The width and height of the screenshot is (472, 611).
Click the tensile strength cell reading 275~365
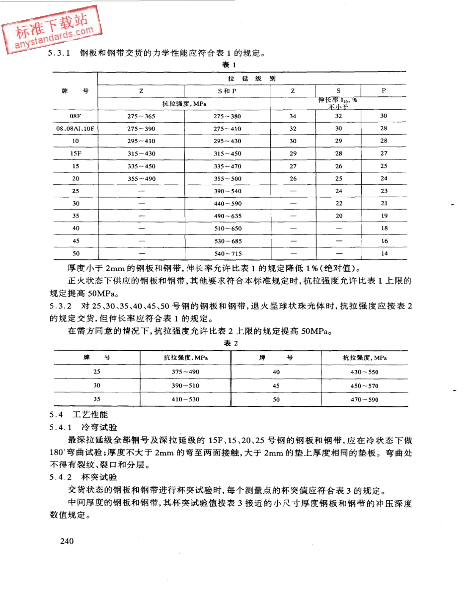142,116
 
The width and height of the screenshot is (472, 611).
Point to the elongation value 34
293,116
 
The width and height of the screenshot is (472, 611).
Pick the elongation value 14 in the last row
384,253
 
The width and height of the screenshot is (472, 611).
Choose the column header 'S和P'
227,91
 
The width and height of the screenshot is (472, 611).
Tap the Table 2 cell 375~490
186,372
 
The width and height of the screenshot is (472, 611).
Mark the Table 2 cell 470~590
365,399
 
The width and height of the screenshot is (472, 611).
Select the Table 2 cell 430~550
365,372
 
